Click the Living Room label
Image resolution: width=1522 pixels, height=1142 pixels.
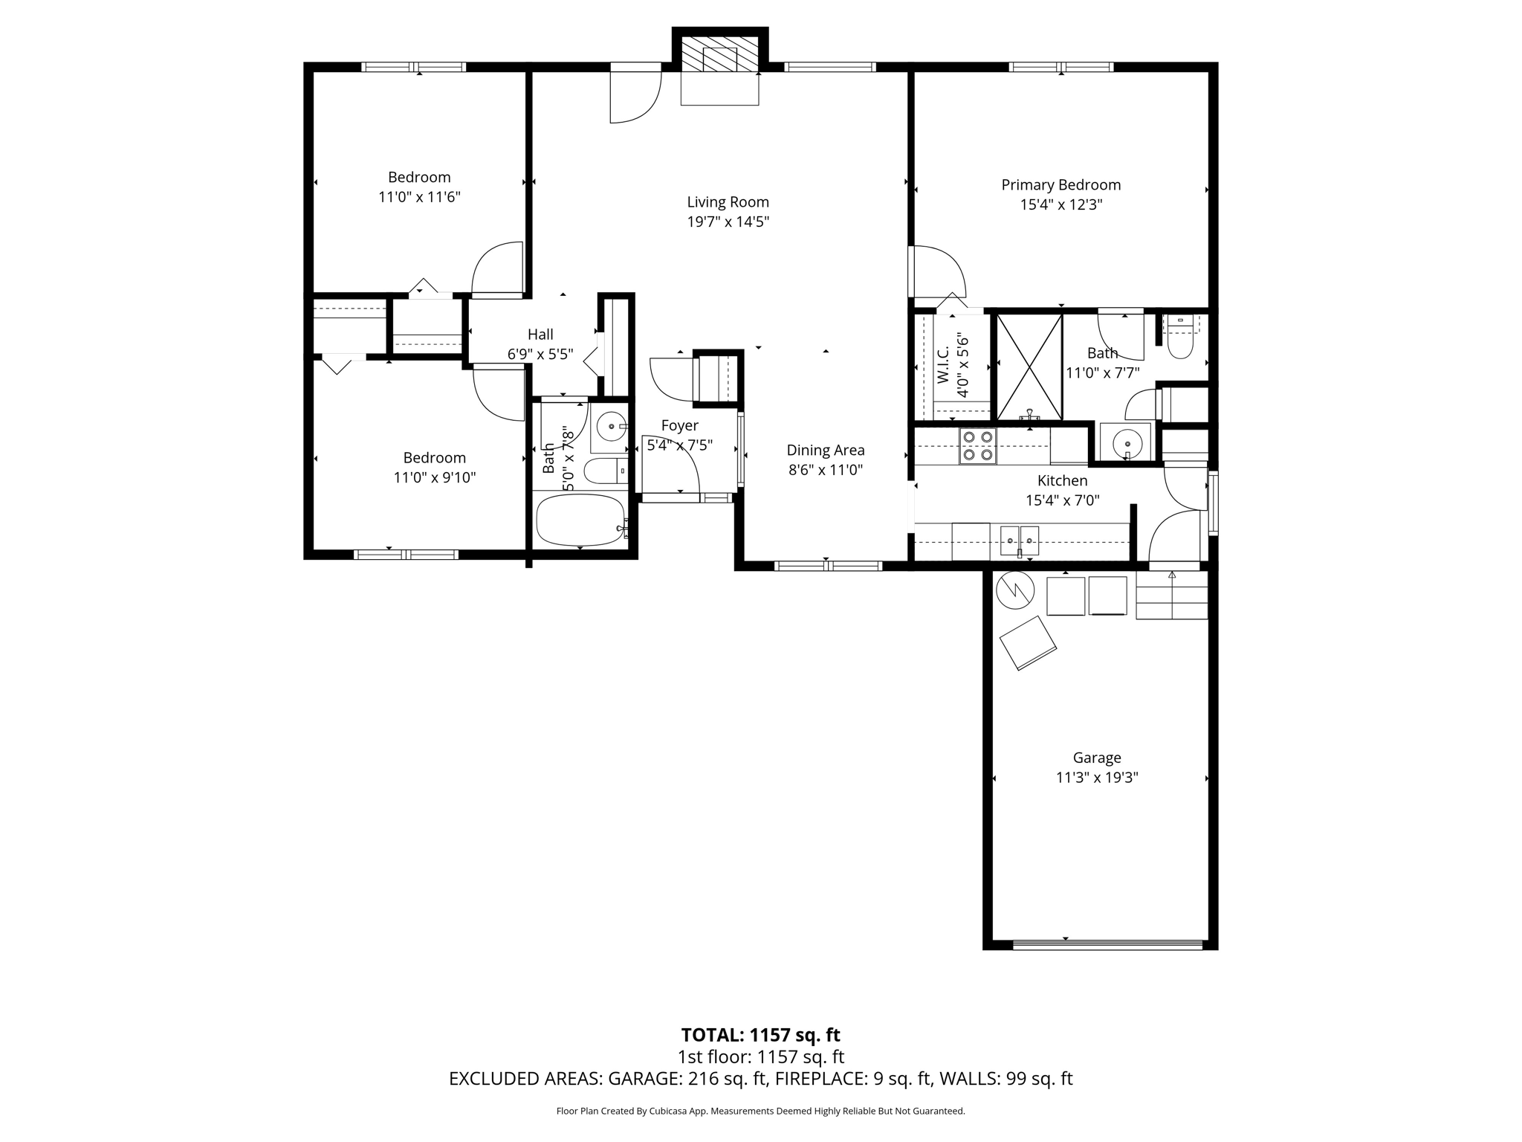728,202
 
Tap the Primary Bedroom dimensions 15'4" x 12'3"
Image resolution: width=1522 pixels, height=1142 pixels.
1060,205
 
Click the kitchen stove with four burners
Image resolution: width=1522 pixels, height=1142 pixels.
977,446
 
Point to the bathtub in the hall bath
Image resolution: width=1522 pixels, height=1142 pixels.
581,520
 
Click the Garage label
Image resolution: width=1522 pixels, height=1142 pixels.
1096,758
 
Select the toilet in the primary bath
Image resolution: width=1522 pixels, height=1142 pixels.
1180,339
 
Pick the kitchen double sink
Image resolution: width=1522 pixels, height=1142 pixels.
1019,540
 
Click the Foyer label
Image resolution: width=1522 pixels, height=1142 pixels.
679,425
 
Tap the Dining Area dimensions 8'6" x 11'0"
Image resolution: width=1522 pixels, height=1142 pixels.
825,470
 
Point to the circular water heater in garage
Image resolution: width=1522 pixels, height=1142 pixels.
1015,590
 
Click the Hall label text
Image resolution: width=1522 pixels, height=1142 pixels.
540,335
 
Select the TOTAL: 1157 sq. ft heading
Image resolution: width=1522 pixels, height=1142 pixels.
760,1035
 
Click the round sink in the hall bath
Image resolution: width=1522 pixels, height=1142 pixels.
612,427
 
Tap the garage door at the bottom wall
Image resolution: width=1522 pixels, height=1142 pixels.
1107,945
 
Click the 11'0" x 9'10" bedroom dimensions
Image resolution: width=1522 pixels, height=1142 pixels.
434,478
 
